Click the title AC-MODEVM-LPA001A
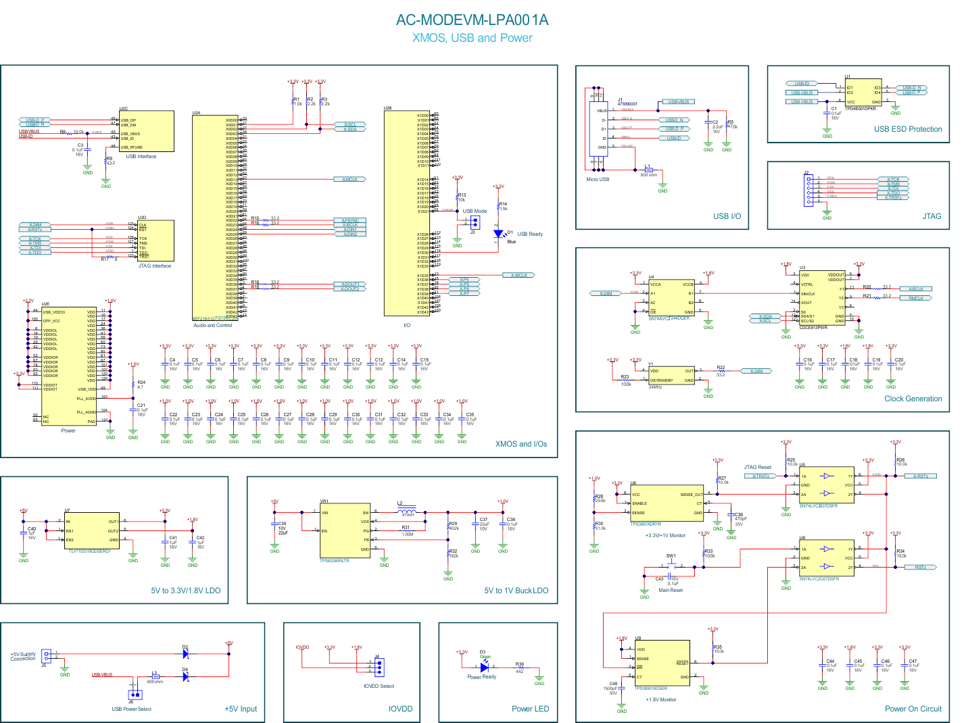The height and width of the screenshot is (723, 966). click(x=472, y=20)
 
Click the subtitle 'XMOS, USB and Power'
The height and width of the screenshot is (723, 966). click(x=472, y=39)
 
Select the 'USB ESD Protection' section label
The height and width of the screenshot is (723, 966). click(x=907, y=129)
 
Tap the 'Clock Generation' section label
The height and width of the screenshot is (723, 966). click(x=913, y=399)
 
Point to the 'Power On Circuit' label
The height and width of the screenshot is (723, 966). click(x=913, y=709)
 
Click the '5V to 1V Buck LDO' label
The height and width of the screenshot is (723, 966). click(x=516, y=591)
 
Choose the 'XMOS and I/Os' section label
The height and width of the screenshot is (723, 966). click(x=521, y=444)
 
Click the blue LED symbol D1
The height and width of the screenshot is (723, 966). click(x=498, y=234)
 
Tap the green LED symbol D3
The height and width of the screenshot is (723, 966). click(x=484, y=667)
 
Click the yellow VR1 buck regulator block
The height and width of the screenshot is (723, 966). click(x=345, y=531)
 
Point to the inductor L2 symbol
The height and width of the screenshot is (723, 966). click(x=408, y=512)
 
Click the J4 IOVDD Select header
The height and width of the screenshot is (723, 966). click(x=379, y=667)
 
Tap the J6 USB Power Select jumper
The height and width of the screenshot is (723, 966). click(x=135, y=695)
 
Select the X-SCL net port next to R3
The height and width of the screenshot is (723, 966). click(x=349, y=124)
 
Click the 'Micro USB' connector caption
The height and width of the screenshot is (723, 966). click(x=598, y=180)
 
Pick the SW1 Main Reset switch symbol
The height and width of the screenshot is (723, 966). click(x=671, y=566)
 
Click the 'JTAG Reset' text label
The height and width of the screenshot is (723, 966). click(x=757, y=468)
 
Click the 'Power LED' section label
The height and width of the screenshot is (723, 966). click(x=530, y=709)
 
